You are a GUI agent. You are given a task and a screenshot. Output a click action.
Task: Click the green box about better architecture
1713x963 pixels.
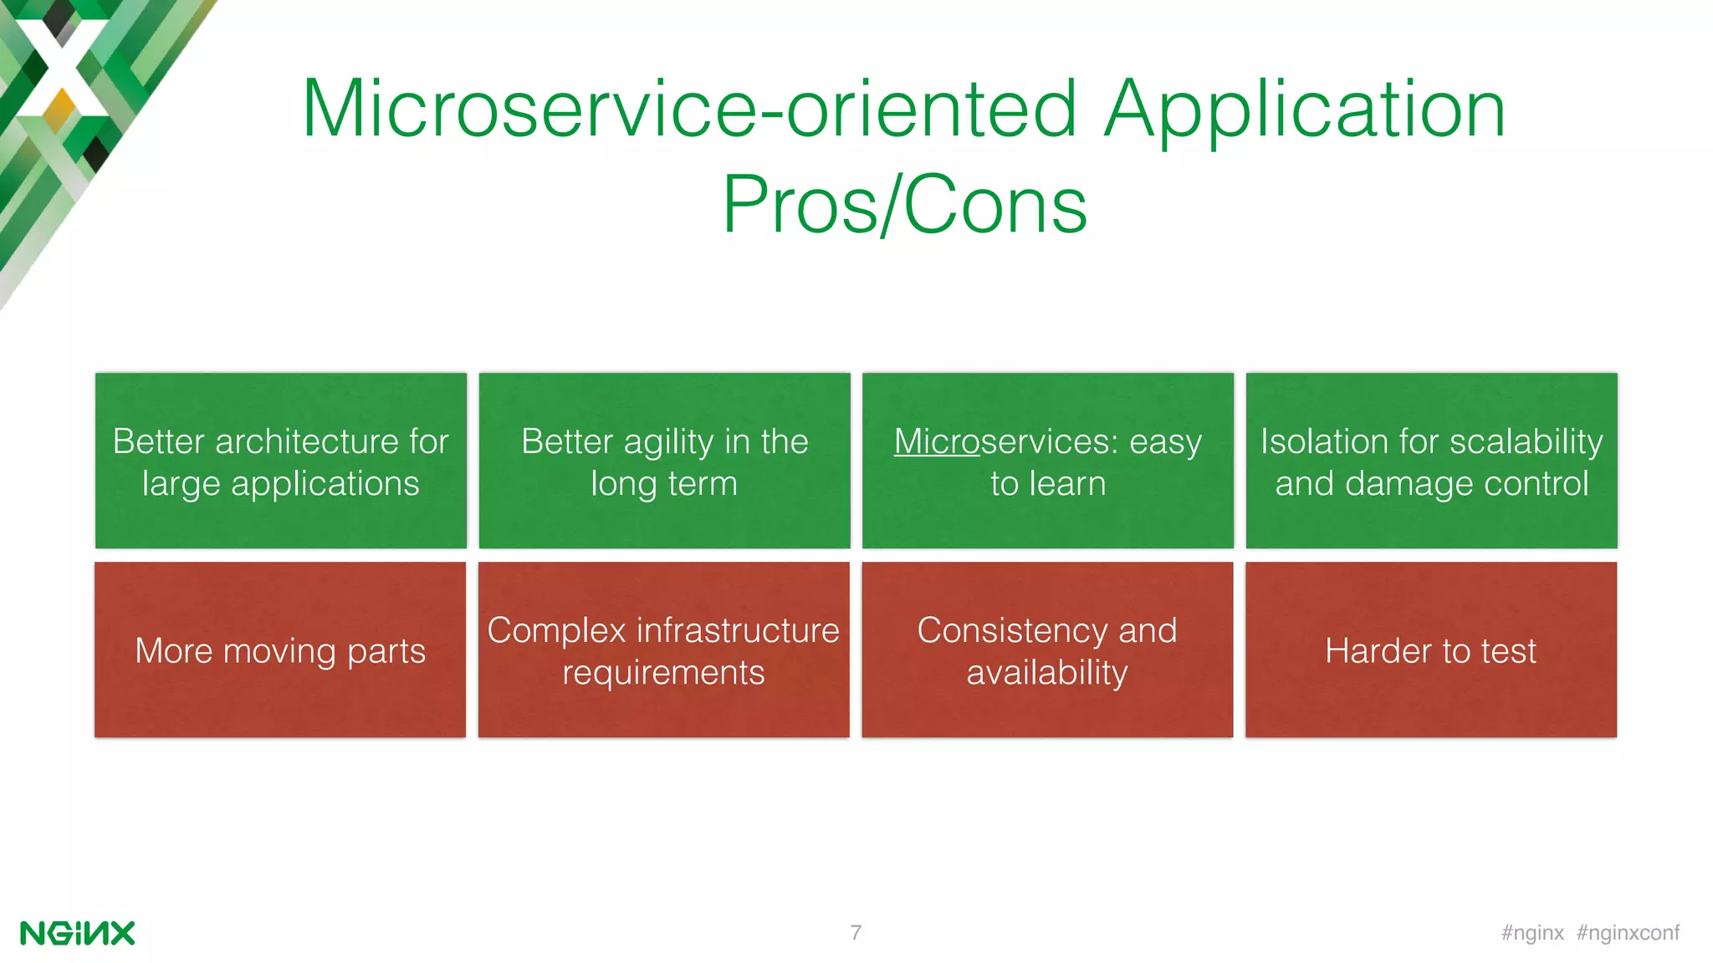(x=281, y=461)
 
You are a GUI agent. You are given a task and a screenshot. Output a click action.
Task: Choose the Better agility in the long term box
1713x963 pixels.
(x=664, y=461)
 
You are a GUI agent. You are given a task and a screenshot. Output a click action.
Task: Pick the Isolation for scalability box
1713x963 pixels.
(x=1431, y=461)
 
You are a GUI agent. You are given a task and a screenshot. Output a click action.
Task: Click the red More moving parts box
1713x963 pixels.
(x=280, y=650)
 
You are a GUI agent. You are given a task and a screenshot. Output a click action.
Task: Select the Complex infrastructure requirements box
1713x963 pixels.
(x=663, y=650)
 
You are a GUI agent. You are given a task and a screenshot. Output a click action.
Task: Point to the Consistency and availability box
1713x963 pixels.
(x=1047, y=650)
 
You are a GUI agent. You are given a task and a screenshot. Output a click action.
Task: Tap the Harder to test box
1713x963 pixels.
(x=1430, y=650)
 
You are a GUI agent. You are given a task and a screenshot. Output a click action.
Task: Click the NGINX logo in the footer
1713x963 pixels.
(x=77, y=933)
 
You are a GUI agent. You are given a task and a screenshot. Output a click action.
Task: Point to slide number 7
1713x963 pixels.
(x=856, y=933)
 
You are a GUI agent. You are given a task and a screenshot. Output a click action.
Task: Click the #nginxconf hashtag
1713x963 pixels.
(x=1628, y=933)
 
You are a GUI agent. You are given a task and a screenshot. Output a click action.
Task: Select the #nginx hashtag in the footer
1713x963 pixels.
(x=1532, y=933)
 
